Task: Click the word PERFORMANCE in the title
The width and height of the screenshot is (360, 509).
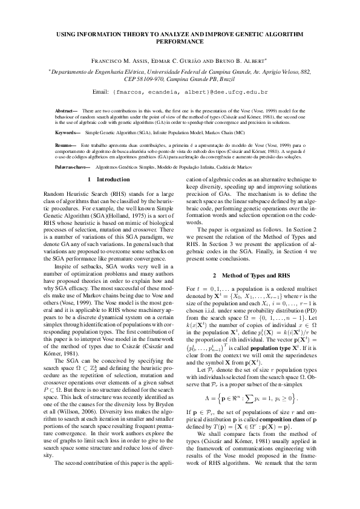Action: coord(180,44)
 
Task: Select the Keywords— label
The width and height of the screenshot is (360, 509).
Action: coord(68,132)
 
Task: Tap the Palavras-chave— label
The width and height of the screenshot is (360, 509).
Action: coord(72,165)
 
